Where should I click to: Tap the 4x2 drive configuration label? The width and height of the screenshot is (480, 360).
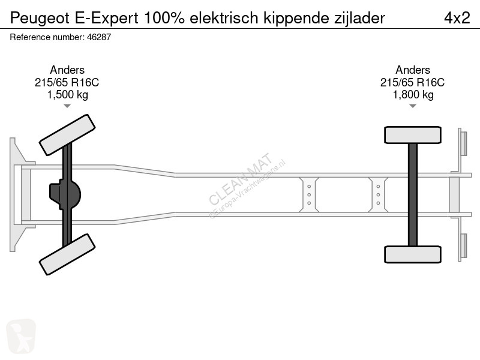tap(457, 18)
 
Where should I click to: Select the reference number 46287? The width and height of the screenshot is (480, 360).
tap(99, 37)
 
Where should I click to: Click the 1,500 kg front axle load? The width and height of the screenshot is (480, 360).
tap(67, 95)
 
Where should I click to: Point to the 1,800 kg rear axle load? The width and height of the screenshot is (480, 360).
tap(413, 95)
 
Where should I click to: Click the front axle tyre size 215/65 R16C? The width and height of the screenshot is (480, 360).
tap(67, 82)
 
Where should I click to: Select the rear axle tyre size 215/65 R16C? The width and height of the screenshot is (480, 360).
tap(412, 82)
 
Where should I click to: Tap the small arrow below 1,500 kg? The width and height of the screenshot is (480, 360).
tap(67, 106)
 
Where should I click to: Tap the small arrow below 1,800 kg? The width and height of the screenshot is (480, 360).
tap(413, 106)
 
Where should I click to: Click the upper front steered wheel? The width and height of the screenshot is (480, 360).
tap(67, 135)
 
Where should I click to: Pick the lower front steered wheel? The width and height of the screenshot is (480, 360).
tap(67, 254)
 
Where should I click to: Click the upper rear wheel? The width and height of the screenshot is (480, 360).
tap(413, 135)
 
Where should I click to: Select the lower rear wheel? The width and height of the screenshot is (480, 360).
tap(413, 254)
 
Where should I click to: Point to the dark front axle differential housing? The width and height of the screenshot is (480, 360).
tap(65, 194)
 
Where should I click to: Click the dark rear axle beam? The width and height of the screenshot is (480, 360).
tap(413, 194)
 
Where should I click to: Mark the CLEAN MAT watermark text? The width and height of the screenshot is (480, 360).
tap(241, 178)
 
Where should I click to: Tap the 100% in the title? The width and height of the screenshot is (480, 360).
tap(164, 18)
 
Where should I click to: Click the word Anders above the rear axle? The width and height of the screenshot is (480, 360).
tap(413, 70)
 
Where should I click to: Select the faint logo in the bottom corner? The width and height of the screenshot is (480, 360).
tap(21, 336)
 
